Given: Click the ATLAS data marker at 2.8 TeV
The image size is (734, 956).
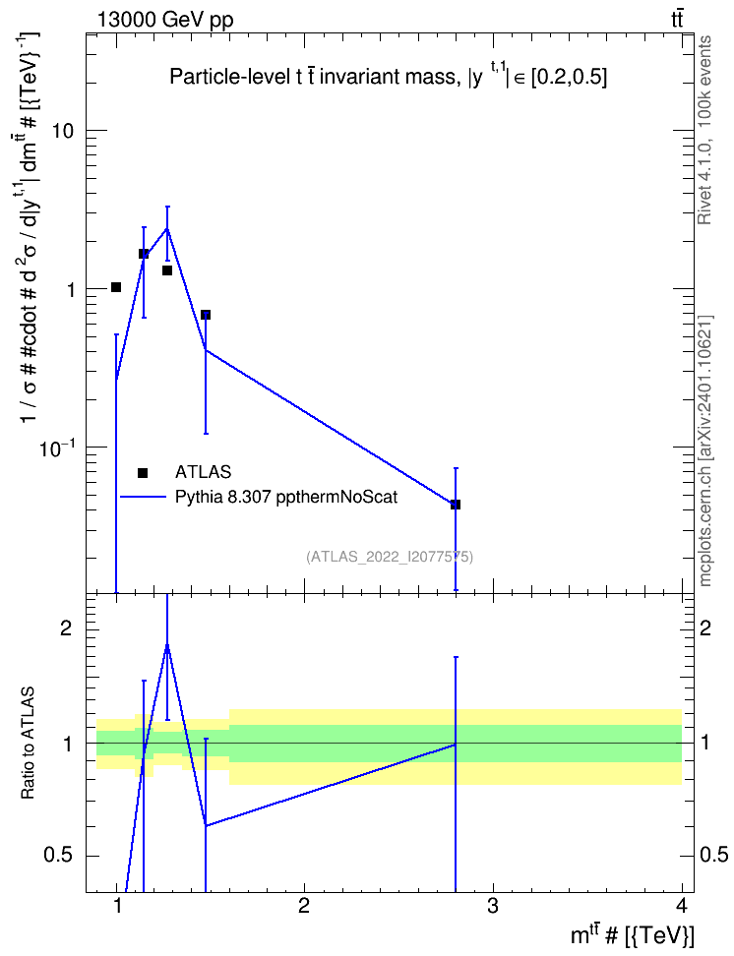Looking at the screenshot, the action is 456,505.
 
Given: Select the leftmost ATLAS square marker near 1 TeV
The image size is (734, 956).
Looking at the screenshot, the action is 116,287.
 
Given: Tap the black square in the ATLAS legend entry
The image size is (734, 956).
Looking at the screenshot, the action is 143,472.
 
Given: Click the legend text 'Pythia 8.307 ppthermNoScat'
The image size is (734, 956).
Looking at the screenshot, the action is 286,497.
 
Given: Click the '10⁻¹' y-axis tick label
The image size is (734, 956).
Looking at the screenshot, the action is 57,448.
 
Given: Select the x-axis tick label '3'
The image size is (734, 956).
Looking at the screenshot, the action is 492,906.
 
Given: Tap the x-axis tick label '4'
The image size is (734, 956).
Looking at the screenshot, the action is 682,906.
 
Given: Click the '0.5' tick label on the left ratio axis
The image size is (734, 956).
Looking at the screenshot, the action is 57,856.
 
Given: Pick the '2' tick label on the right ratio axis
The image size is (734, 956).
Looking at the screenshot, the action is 705,627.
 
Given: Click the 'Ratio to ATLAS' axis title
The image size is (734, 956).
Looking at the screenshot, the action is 28,743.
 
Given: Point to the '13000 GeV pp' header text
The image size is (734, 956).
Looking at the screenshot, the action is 165,20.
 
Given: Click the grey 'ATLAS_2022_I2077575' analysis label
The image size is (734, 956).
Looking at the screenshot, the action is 390,556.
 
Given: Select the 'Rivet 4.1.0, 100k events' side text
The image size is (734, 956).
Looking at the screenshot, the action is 704,130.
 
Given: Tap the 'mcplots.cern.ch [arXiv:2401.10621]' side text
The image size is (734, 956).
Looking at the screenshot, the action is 704,450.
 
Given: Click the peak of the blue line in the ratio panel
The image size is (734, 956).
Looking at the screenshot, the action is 167,644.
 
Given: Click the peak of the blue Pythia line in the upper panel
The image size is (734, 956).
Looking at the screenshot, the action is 167,228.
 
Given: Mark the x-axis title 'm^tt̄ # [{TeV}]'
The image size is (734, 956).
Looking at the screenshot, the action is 632,933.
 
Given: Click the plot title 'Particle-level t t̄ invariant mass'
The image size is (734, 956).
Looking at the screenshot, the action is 312,77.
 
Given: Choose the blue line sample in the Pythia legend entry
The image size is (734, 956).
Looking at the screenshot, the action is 143,497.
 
